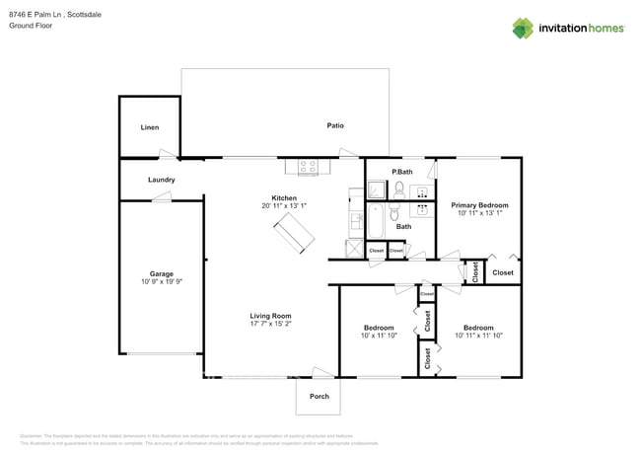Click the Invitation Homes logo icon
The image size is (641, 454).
click(x=524, y=28)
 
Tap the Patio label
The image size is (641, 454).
click(x=335, y=125)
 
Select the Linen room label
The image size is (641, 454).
click(x=149, y=127)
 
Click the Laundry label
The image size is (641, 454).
click(x=162, y=180)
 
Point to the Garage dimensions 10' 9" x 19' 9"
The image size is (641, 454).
click(x=162, y=281)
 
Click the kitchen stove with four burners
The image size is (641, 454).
click(x=308, y=167)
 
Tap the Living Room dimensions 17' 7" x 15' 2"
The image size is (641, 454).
click(x=270, y=324)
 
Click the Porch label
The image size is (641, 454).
click(x=320, y=396)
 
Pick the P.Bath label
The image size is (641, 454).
click(x=401, y=172)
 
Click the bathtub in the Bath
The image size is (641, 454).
click(x=376, y=223)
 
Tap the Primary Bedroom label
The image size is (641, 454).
click(x=479, y=205)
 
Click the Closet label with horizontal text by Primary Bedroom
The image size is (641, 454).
click(x=503, y=272)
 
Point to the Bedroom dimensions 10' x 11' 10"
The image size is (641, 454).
click(x=379, y=336)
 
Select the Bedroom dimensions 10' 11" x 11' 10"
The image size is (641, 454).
click(x=478, y=336)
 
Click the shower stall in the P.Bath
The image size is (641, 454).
click(x=377, y=189)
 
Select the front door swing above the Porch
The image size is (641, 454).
click(x=321, y=372)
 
